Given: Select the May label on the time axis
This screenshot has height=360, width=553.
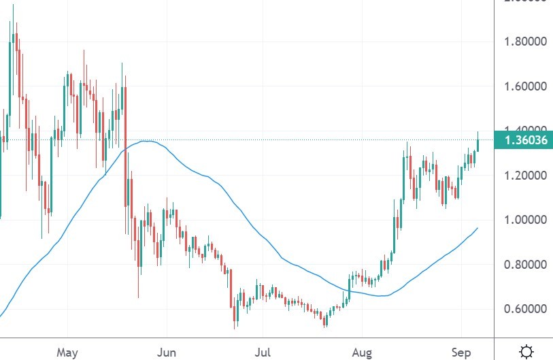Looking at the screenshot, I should point(68,352).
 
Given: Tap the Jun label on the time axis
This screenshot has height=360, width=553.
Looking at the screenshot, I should point(167,352).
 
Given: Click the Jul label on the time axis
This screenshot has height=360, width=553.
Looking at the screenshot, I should point(263,352).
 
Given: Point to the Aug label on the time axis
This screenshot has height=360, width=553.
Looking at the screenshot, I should point(362,352).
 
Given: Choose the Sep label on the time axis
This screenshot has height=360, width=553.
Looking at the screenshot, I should point(461,352).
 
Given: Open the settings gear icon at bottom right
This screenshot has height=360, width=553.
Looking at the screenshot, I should point(526,351).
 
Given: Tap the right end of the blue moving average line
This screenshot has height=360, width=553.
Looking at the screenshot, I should point(477,228).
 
